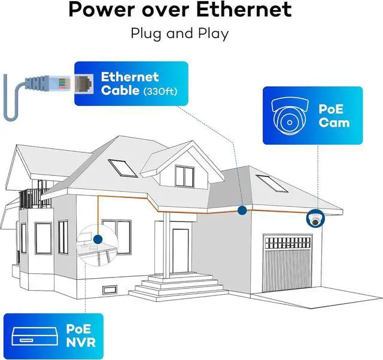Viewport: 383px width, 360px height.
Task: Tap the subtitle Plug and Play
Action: [180, 33]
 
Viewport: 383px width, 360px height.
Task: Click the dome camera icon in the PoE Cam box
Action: [288, 117]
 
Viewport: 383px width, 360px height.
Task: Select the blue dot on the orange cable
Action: [242, 210]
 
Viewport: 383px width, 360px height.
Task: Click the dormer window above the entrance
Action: [183, 175]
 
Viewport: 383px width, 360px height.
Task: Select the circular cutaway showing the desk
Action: [95, 242]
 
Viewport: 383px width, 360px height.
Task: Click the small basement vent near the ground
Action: [110, 291]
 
